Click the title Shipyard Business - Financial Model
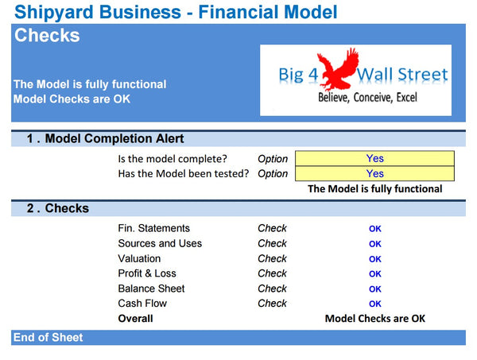point(176,12)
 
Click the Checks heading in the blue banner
point(47,36)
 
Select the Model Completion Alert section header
point(107,139)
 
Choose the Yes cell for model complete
point(374,158)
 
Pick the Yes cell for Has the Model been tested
point(374,173)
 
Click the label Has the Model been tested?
point(183,173)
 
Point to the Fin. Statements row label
point(153,228)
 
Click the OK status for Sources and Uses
point(375,244)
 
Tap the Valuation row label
point(139,258)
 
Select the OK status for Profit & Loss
point(375,274)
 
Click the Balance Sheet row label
point(151,288)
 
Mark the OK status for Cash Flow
point(375,304)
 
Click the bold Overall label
point(135,318)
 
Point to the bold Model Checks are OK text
point(375,318)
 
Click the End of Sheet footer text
point(48,337)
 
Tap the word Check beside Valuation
point(272,258)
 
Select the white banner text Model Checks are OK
point(72,99)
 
